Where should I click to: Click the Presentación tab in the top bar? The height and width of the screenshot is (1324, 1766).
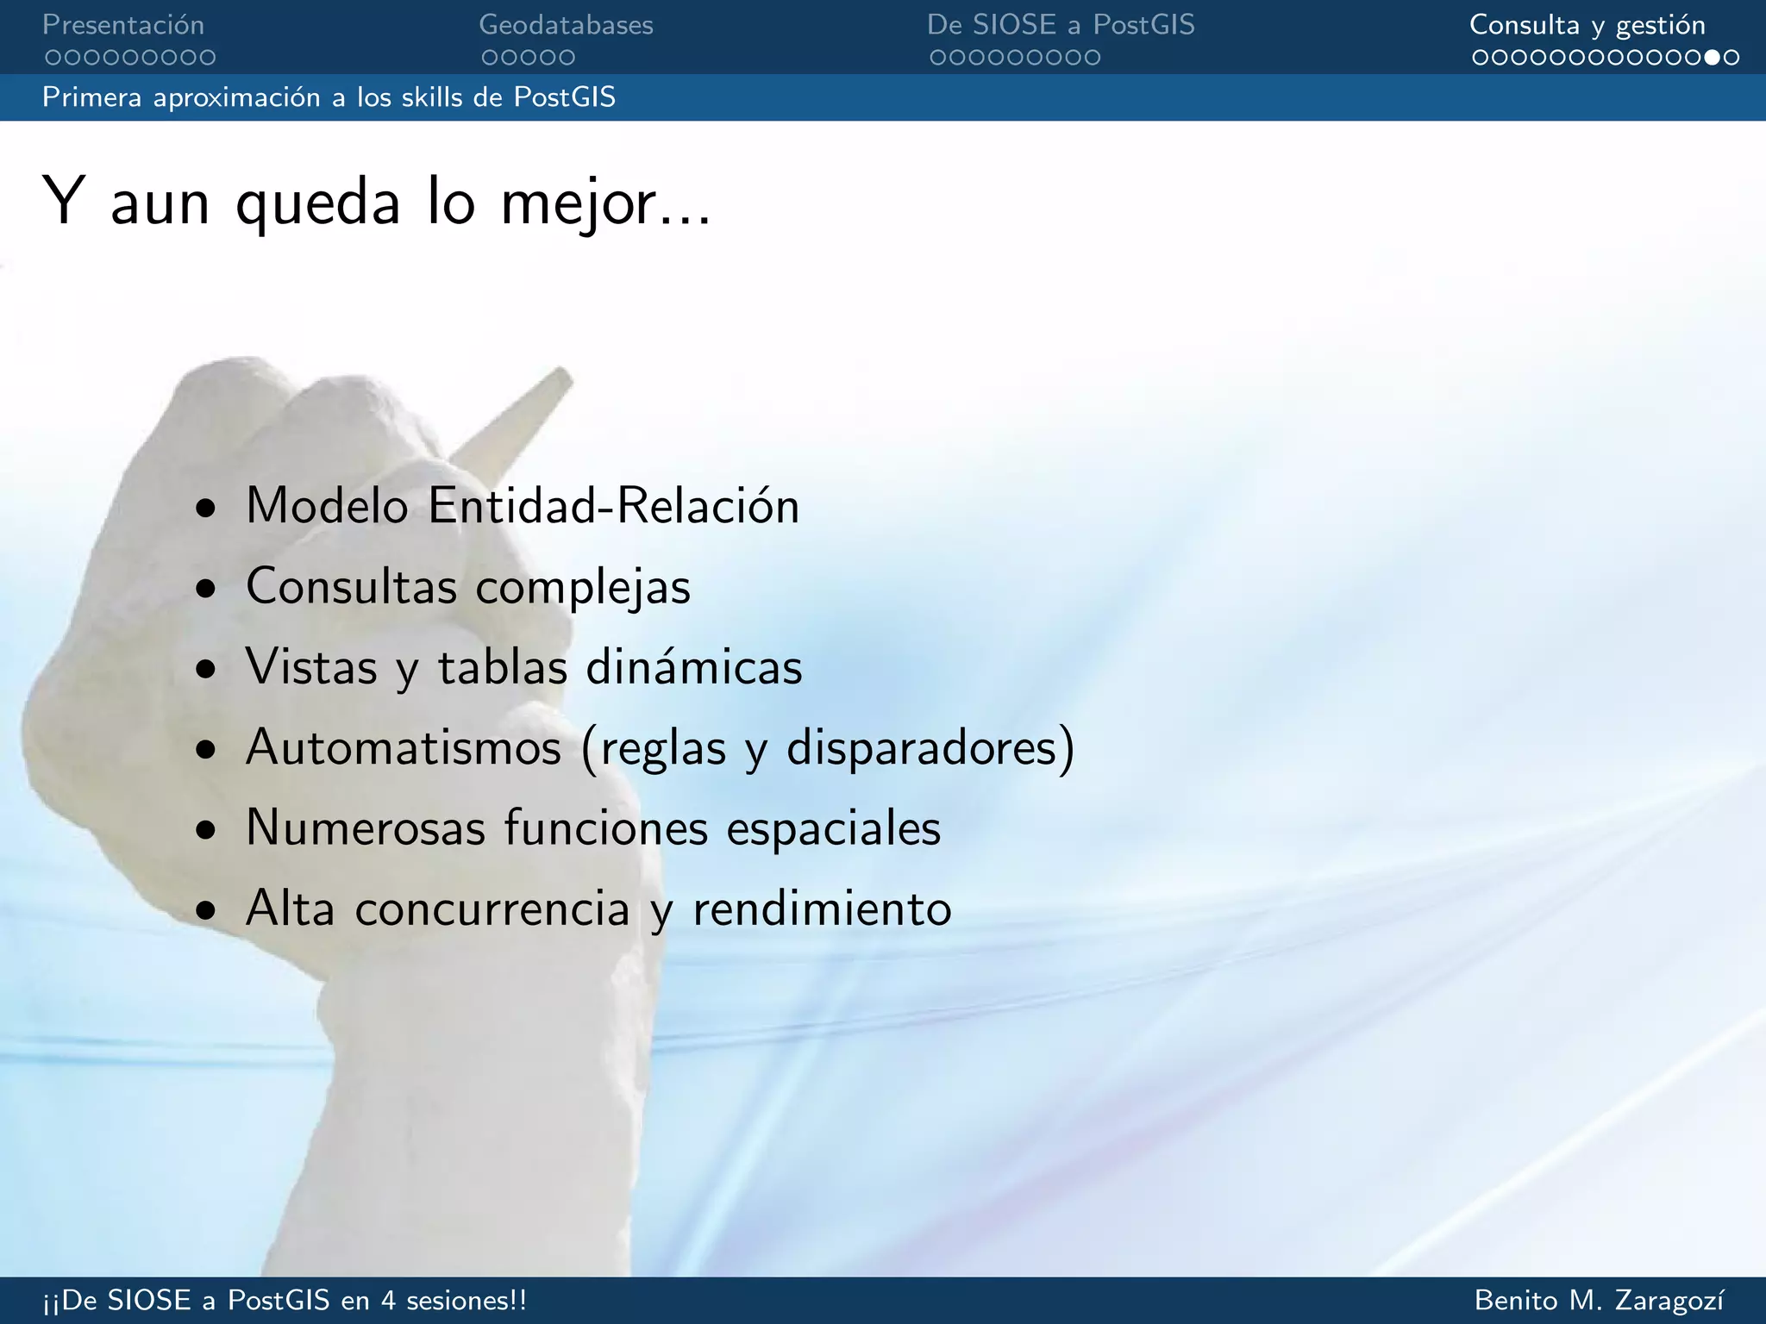[123, 25]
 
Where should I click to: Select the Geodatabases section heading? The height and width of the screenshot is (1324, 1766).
[566, 25]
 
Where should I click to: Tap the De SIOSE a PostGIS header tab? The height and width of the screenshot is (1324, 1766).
[1061, 25]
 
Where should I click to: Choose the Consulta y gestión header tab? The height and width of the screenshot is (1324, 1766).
[1587, 25]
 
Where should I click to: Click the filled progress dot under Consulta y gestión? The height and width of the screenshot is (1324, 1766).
[1713, 58]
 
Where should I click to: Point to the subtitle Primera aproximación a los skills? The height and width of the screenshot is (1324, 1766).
[329, 97]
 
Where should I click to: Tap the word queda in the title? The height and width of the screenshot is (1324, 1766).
[318, 203]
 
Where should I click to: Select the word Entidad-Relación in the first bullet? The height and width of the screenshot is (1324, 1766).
[613, 505]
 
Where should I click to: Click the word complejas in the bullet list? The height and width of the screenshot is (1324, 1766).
[583, 587]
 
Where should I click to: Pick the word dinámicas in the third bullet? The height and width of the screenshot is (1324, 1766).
[693, 667]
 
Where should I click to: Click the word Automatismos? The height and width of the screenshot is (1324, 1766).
[404, 746]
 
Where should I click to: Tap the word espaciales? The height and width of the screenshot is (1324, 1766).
[833, 827]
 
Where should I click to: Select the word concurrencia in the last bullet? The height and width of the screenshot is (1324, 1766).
[492, 909]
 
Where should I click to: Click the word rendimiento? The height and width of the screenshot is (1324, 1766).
[822, 909]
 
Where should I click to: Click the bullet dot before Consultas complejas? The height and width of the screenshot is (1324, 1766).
[205, 590]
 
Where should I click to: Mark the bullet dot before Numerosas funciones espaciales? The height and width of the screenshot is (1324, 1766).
[205, 831]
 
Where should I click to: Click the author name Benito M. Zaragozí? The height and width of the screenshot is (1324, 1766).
[1600, 1300]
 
